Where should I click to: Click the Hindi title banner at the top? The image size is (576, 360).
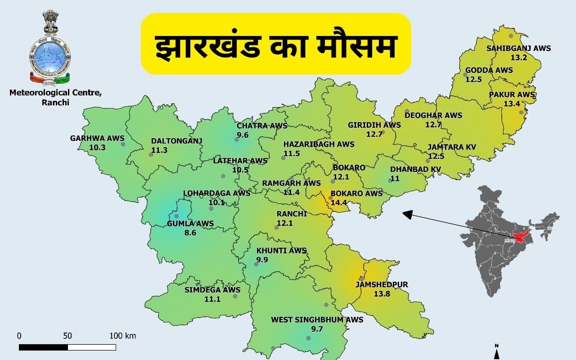[276, 44]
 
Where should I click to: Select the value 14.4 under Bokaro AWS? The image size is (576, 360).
[339, 202]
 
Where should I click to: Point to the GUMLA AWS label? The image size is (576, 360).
[190, 223]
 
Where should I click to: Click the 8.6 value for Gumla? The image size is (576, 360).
[190, 233]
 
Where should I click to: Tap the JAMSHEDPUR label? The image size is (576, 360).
[381, 284]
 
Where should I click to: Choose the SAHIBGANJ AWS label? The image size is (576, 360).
[518, 48]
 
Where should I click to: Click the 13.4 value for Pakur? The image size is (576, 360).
[512, 103]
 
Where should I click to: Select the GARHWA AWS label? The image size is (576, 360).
[97, 138]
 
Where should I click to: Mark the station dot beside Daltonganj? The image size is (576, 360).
[151, 154]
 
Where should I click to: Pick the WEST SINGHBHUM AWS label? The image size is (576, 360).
[317, 319]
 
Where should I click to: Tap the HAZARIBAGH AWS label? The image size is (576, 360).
[319, 144]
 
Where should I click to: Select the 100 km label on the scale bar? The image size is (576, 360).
[122, 336]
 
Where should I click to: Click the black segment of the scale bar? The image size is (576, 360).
[43, 347]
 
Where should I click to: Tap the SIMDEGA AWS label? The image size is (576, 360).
[212, 290]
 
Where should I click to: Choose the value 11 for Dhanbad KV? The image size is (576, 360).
[395, 178]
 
